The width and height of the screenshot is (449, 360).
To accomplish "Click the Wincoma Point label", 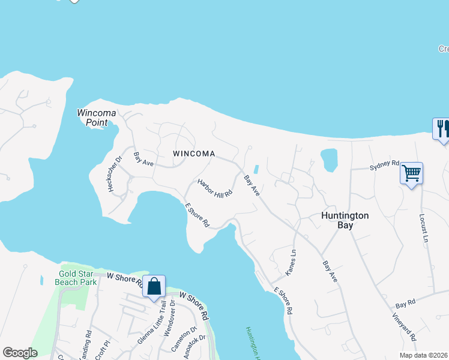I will pos(92,117).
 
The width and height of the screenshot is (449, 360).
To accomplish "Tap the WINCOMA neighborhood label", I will pos(194,154).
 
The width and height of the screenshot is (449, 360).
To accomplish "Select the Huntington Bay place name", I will pos(345,220).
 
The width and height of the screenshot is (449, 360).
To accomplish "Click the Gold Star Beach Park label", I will pos(76,278).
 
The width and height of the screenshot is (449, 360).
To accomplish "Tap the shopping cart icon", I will pos(412,173).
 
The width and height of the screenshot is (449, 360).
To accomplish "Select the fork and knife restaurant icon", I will pos(442,128).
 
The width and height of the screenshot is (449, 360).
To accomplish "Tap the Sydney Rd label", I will pos(384,164).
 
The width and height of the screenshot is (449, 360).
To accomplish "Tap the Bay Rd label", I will pos(405,305).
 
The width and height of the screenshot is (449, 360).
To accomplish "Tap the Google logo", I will pos(20,353).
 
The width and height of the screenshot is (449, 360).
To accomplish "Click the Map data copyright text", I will pos(424,355).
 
